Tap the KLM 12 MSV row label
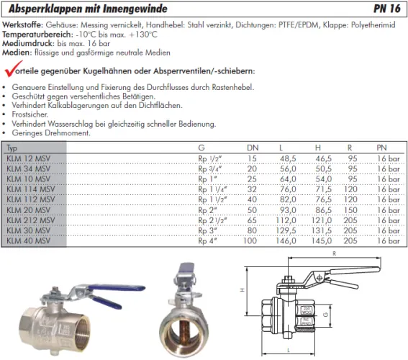point(28,158)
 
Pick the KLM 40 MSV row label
point(28,242)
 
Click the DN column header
point(253,148)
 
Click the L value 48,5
point(288,158)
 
